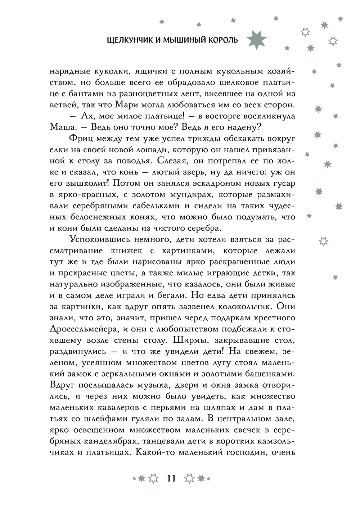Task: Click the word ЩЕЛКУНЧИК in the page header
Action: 125,40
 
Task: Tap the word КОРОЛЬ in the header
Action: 224,40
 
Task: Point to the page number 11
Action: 171,478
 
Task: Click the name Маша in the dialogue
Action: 61,127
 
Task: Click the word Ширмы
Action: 193,340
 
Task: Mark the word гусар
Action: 285,183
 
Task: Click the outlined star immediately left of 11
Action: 153,478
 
